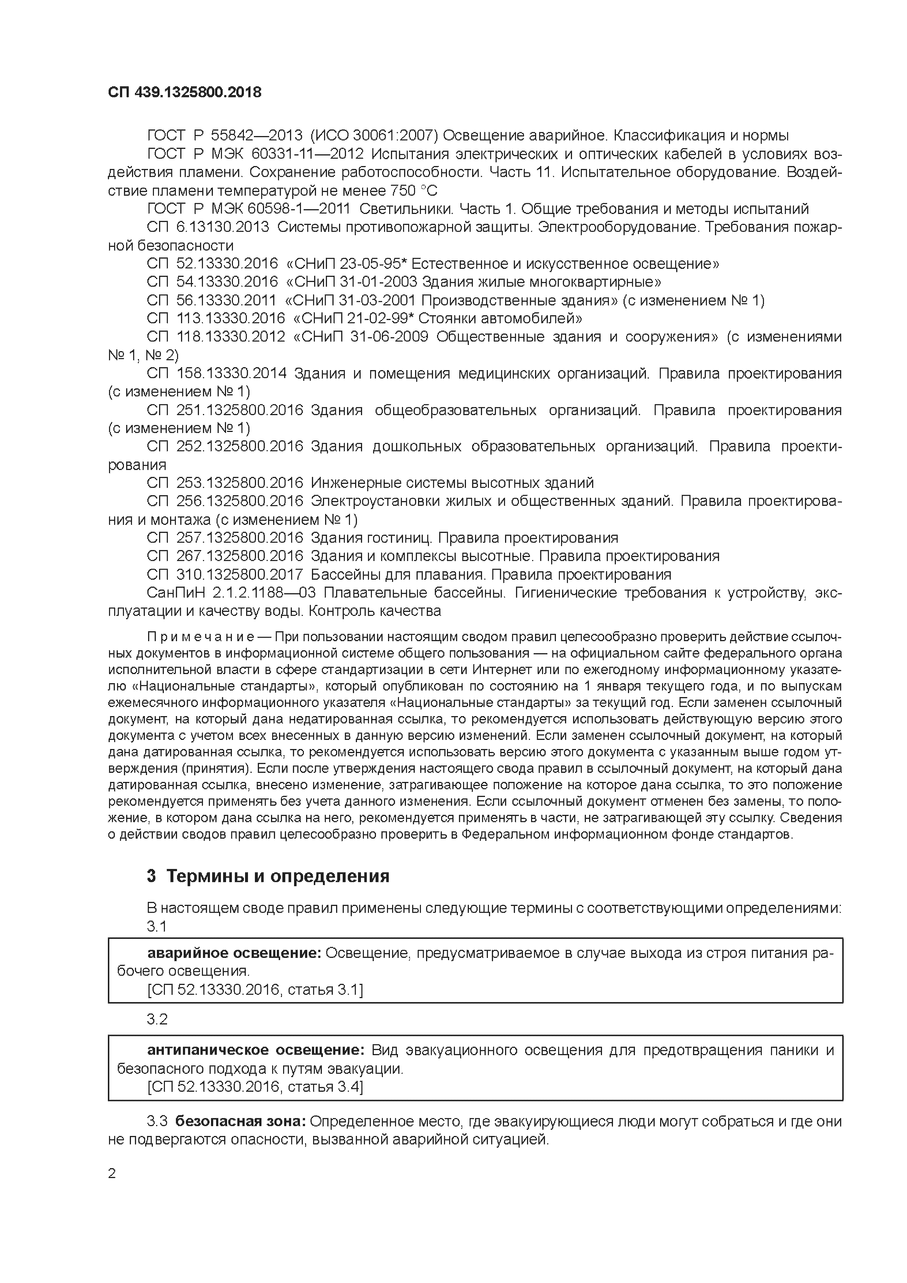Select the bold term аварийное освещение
pos(234,953)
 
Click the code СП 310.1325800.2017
pos(225,575)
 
